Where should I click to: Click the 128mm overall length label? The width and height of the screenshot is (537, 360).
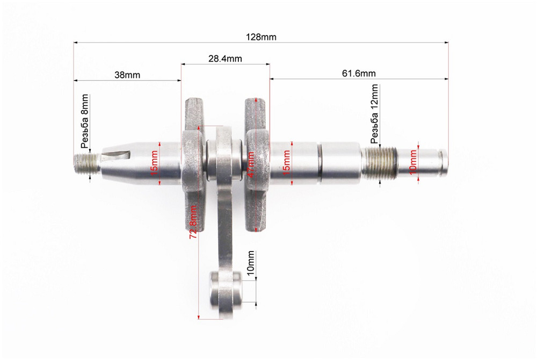tap(262, 37)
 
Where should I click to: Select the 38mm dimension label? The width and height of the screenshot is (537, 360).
tap(127, 75)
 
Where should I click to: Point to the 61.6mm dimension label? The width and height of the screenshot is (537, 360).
tap(359, 73)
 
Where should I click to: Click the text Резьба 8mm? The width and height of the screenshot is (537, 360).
tap(84, 121)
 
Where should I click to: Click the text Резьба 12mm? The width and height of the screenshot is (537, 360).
tap(374, 113)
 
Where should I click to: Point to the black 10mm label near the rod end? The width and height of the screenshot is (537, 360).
tap(250, 263)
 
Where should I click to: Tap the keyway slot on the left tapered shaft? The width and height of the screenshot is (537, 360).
tap(117, 156)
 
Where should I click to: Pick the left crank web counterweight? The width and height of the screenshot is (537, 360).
tap(192, 164)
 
